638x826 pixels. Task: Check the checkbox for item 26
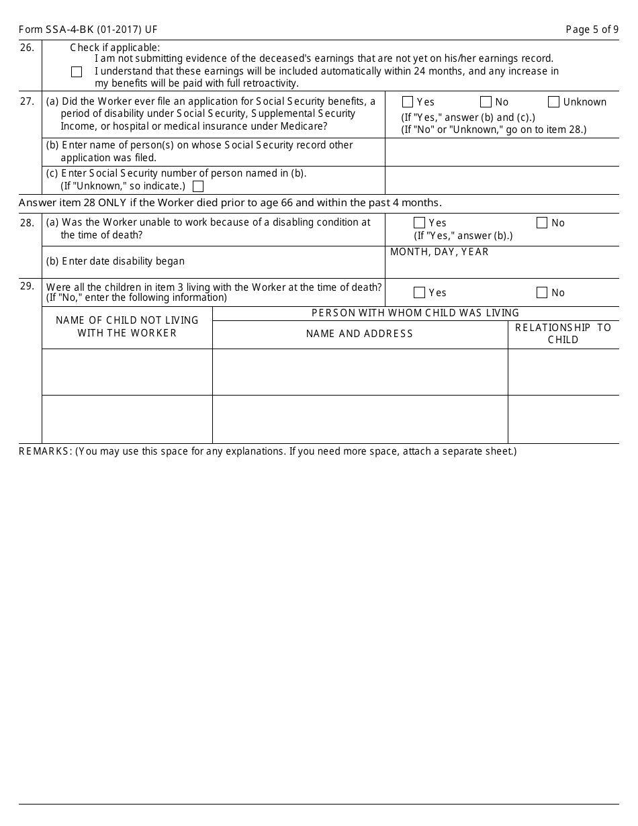click(x=77, y=72)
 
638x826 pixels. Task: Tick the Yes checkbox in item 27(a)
click(x=407, y=102)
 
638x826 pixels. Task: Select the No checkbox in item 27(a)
click(x=486, y=102)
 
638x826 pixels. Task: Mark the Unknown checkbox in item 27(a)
click(x=553, y=102)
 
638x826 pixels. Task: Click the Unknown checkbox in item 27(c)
click(x=197, y=187)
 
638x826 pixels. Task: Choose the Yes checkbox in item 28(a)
click(x=419, y=223)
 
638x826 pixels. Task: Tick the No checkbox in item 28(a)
click(x=542, y=223)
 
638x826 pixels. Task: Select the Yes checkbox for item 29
click(x=419, y=293)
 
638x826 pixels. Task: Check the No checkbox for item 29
click(x=542, y=293)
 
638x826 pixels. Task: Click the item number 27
click(x=27, y=102)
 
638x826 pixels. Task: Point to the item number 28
click(x=27, y=223)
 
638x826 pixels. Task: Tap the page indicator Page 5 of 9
click(x=592, y=30)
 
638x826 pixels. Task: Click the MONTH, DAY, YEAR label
click(x=439, y=253)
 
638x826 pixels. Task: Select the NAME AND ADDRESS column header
click(x=359, y=334)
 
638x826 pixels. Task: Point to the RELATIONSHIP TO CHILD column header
click(x=563, y=334)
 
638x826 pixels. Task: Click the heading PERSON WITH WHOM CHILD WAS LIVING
click(x=415, y=313)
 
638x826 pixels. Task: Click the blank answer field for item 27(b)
click(x=502, y=152)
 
